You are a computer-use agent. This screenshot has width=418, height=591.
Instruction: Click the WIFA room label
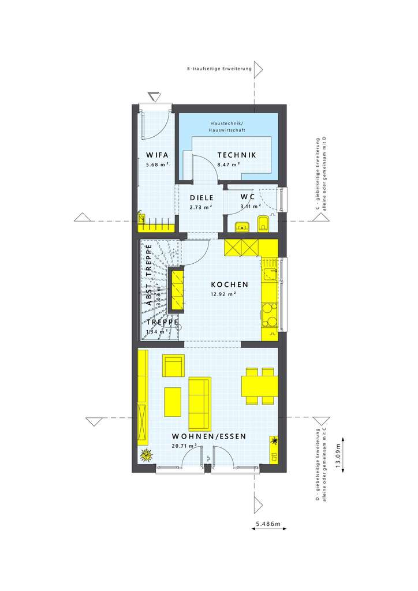click(x=157, y=155)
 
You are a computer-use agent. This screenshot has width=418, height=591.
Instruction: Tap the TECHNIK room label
click(x=236, y=155)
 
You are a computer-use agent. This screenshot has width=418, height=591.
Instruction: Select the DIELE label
click(x=201, y=197)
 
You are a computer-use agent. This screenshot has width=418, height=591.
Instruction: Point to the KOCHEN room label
click(x=229, y=285)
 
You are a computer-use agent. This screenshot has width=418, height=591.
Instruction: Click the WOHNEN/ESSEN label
click(x=208, y=436)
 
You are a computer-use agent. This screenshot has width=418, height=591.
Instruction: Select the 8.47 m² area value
click(x=229, y=164)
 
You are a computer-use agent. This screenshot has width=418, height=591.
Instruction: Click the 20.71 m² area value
click(x=184, y=446)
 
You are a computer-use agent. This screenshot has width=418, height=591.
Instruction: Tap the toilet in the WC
click(x=263, y=223)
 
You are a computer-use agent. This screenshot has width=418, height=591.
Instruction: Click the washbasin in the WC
click(x=242, y=226)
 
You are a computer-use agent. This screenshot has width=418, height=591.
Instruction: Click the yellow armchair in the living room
click(x=173, y=366)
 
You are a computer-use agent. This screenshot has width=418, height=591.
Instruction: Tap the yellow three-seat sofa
click(x=200, y=396)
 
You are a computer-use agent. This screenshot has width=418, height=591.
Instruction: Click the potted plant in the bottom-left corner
click(x=145, y=455)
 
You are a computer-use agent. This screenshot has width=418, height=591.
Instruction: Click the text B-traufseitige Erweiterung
click(x=219, y=69)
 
